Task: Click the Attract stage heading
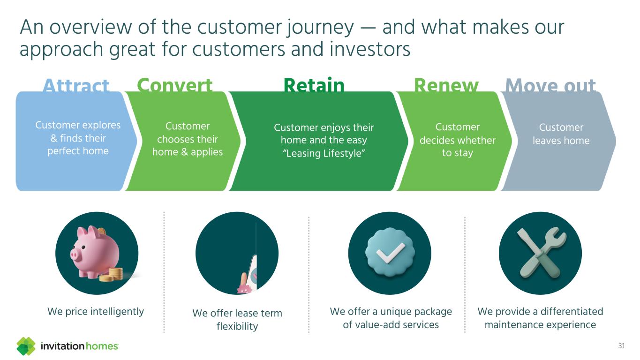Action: point(76,86)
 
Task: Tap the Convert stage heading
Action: point(175,86)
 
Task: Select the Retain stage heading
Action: point(314,86)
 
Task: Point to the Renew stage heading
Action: point(446,86)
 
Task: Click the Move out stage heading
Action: point(550,86)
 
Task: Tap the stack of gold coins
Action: point(112,275)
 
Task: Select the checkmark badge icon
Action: point(389,253)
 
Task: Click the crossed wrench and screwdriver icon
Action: point(540,253)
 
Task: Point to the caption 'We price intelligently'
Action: point(96,311)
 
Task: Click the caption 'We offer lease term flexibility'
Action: point(237,319)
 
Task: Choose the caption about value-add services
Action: point(391,318)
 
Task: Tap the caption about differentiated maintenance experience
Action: point(540,318)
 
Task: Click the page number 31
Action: point(622,346)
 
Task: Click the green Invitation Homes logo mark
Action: point(26,346)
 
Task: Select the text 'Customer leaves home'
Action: point(561,134)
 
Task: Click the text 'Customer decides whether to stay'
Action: point(457,140)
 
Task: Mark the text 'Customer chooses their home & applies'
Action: point(188,139)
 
